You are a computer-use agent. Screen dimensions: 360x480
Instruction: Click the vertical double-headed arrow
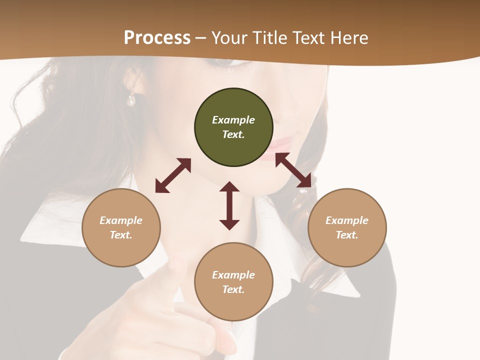tap(229, 205)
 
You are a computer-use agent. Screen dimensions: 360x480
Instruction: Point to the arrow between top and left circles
tap(173, 175)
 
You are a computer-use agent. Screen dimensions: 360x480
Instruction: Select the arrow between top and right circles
tap(293, 170)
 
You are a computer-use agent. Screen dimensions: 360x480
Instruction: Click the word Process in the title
tap(157, 38)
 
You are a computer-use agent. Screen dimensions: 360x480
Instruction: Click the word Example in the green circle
tap(233, 120)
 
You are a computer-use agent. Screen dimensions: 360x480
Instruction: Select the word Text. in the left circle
tap(121, 235)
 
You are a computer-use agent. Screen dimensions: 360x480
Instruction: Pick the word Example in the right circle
tap(347, 220)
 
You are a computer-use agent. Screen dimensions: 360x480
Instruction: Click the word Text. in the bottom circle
tap(233, 289)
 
